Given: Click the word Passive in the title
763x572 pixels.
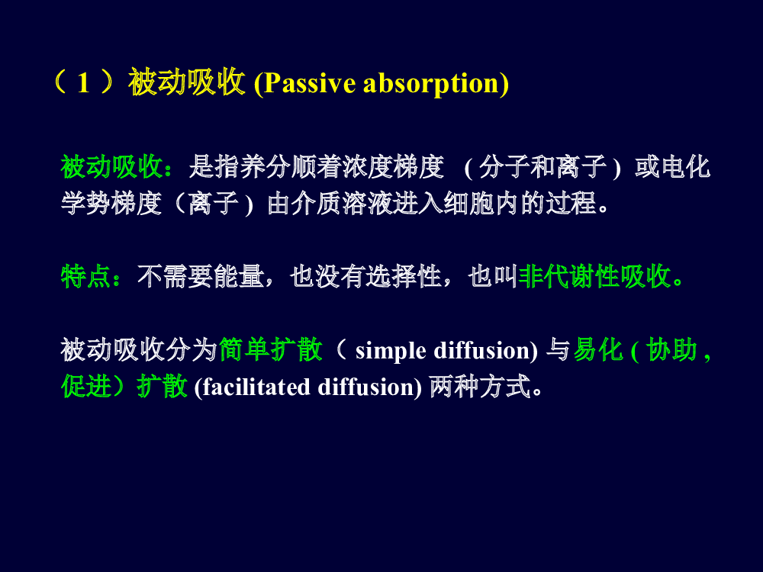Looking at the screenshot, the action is pyautogui.click(x=309, y=83).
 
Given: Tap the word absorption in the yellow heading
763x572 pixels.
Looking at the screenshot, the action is pyautogui.click(x=431, y=83).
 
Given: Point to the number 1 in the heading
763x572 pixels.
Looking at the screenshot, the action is pyautogui.click(x=84, y=82).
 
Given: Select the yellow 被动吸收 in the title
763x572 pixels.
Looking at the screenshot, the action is pyautogui.click(x=186, y=82).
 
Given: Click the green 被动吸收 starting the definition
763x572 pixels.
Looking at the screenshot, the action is pyautogui.click(x=111, y=167).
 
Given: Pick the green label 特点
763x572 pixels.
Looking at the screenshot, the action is pyautogui.click(x=85, y=277).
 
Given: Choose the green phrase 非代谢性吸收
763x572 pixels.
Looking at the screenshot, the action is pyautogui.click(x=595, y=277).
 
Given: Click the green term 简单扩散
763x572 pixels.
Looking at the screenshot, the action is pyautogui.click(x=271, y=350).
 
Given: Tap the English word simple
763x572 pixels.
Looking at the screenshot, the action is pyautogui.click(x=391, y=351).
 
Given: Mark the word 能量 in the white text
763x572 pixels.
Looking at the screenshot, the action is pyautogui.click(x=239, y=277).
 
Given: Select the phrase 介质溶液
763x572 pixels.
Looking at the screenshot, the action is pyautogui.click(x=343, y=204).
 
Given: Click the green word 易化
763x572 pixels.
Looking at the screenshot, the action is pyautogui.click(x=598, y=350).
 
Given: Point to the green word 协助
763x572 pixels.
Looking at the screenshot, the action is pyautogui.click(x=672, y=350).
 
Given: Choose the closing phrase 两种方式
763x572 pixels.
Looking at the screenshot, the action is pyautogui.click(x=480, y=387).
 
